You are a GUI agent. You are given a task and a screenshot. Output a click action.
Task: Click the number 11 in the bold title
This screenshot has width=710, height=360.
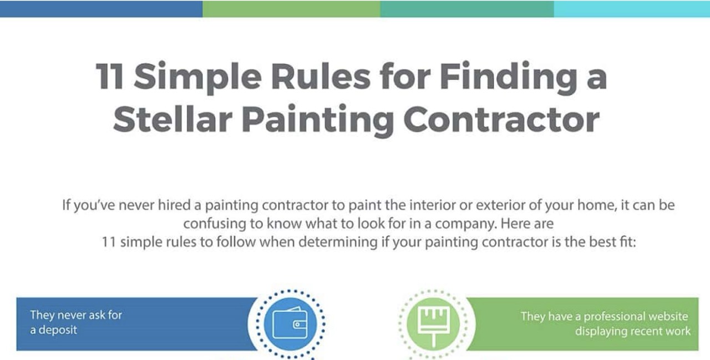tap(109, 76)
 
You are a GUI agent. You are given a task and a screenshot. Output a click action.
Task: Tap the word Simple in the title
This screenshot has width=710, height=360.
tap(198, 78)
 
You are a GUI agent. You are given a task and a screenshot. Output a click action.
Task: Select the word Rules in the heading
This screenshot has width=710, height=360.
tap(321, 76)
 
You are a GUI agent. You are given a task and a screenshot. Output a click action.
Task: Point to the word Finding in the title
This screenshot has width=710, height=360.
tap(509, 78)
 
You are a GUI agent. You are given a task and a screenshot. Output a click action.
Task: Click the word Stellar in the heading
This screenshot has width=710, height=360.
tap(173, 119)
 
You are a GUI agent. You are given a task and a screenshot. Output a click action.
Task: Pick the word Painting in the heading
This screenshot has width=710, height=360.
tap(318, 121)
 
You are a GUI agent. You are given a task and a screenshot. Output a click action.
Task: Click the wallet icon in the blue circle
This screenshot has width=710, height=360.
tap(290, 323)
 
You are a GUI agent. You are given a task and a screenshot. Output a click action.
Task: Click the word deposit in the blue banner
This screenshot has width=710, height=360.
tap(58, 331)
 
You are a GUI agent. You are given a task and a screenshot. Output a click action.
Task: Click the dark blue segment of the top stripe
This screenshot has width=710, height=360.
tap(101, 8)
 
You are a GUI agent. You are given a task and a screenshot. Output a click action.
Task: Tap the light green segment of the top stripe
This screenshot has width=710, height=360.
tap(291, 8)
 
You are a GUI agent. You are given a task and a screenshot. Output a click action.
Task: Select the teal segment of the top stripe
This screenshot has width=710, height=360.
tap(467, 8)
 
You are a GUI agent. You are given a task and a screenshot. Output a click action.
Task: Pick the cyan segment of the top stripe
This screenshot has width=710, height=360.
tap(632, 8)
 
